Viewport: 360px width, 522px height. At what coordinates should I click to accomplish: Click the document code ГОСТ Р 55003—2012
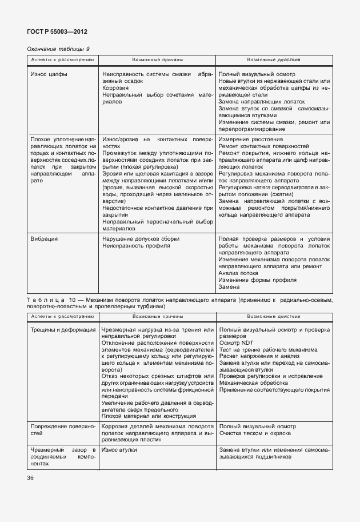coord(58,31)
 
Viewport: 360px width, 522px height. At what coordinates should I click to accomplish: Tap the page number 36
coord(30,478)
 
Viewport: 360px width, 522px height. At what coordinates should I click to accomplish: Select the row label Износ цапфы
coord(49,74)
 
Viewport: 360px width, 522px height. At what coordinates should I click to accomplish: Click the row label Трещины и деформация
coord(63,330)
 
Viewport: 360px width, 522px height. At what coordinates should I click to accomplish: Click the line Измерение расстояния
coord(249,140)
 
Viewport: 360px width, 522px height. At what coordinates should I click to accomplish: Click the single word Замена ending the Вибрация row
coord(229,287)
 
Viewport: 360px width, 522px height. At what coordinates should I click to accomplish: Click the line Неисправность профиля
coord(136,245)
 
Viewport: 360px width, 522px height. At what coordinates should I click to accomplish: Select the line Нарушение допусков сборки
coord(141,238)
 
